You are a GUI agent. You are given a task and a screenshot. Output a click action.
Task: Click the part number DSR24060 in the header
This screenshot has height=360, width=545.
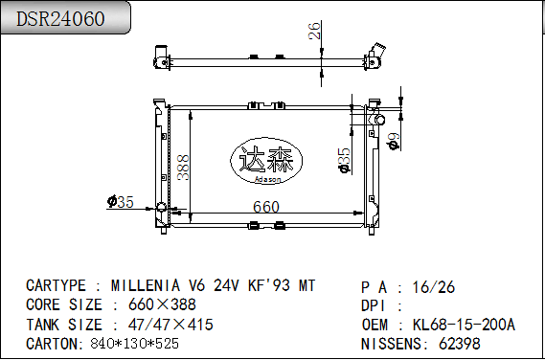click(60, 19)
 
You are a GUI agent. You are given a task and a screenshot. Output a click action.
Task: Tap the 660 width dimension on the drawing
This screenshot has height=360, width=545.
click(266, 207)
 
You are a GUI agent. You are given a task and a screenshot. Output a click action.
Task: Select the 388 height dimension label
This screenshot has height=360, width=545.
click(183, 168)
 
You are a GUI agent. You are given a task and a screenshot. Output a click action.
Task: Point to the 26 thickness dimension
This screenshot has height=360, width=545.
click(314, 31)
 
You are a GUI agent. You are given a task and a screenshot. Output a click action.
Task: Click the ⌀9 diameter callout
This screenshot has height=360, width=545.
click(394, 142)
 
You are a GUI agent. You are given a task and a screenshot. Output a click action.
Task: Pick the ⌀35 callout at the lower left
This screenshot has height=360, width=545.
click(121, 202)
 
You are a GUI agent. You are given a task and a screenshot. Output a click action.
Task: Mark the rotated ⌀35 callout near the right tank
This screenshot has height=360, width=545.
click(344, 161)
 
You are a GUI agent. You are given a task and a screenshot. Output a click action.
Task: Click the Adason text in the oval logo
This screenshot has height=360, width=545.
click(267, 180)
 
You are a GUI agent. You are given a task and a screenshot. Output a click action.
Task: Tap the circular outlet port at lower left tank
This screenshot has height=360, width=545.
click(161, 207)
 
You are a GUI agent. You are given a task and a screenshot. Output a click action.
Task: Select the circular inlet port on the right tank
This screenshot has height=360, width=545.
click(379, 120)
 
